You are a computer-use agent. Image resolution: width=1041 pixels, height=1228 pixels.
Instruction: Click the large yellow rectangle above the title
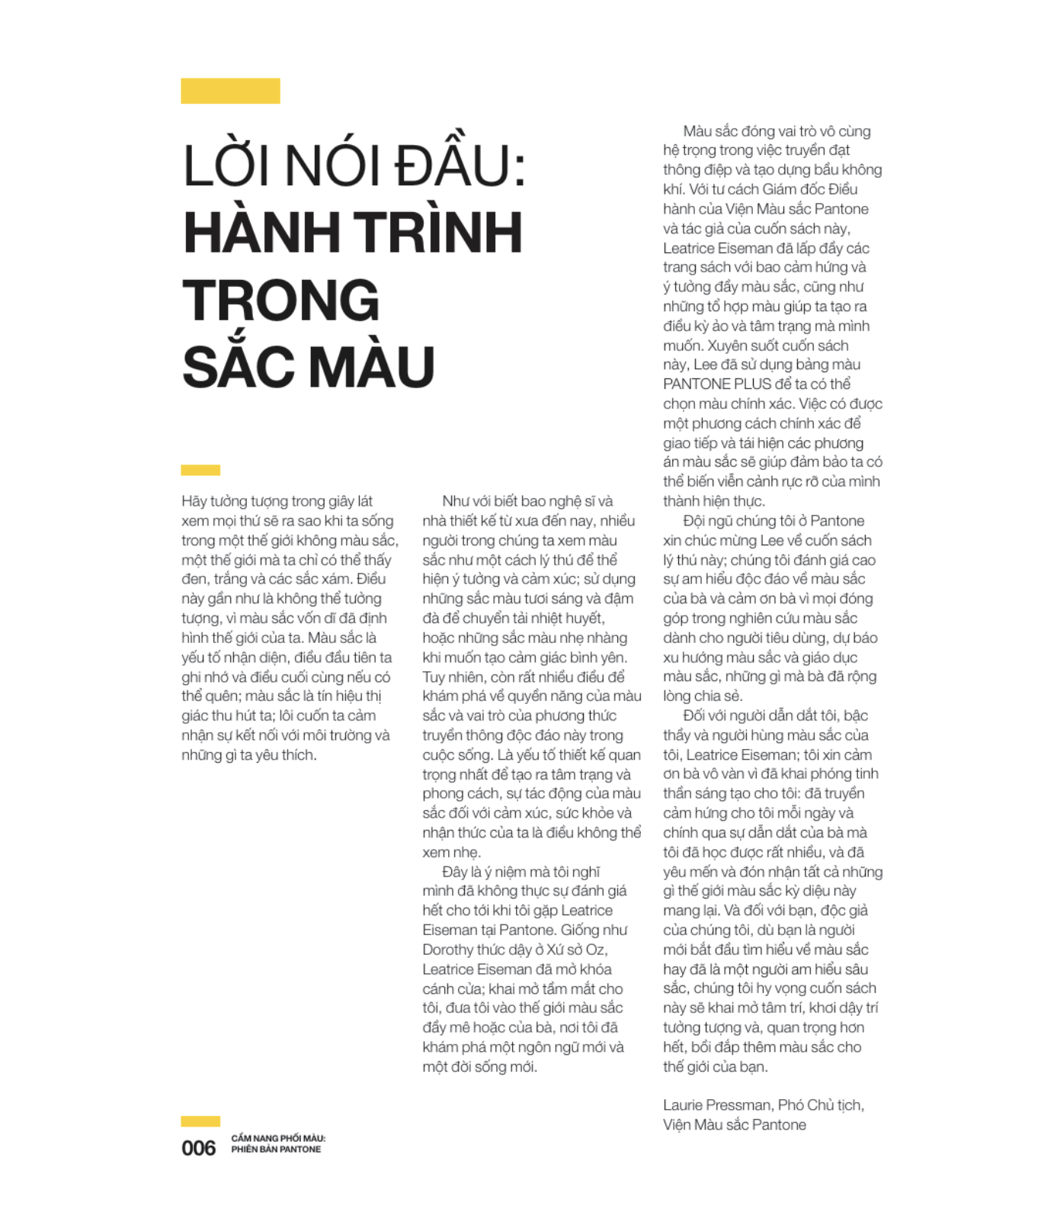[x=230, y=91]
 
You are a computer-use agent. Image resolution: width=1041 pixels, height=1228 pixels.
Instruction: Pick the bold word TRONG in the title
[x=281, y=300]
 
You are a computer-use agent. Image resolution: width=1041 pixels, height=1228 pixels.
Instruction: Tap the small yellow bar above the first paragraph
[x=200, y=470]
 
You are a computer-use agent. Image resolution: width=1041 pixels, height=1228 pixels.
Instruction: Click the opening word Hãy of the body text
[x=194, y=502]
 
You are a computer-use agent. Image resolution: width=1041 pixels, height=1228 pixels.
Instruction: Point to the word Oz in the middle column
[x=595, y=950]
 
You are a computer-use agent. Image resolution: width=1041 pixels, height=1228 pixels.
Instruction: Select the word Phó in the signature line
[x=790, y=1106]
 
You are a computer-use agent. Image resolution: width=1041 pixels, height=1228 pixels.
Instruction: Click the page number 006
[x=198, y=1149]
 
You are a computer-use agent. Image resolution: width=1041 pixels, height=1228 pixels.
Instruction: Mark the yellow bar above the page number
[x=200, y=1121]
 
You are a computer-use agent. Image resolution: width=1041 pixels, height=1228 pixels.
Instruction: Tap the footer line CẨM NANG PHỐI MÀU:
[x=278, y=1139]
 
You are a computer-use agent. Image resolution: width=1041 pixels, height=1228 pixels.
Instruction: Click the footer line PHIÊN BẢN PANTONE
[x=276, y=1149]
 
